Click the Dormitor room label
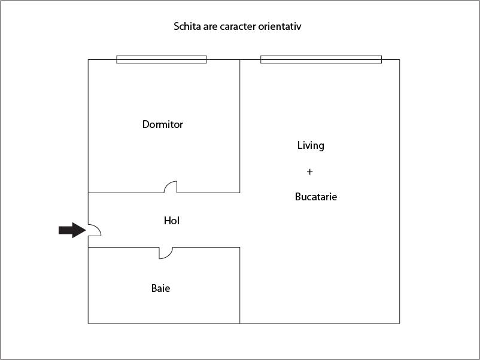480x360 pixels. pos(163,124)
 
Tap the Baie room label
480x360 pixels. pos(161,288)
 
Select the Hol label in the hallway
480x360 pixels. pos(172,221)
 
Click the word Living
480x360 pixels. pos(311,145)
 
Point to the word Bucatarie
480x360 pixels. pos(316,197)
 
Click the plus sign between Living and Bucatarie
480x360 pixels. pos(310,172)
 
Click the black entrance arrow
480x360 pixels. pos(72,230)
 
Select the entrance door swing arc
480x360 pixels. pos(95,230)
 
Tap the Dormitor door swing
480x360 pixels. pos(171,187)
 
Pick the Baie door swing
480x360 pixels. pos(166,253)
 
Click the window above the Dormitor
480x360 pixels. pos(162,59)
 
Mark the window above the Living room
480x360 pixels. pos(321,59)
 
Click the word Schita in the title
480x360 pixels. pos(187,26)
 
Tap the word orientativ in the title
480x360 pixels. pos(280,26)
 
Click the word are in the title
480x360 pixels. pos(210,27)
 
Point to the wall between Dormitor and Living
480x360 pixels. pos(239,126)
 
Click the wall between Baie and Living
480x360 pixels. pos(239,285)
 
